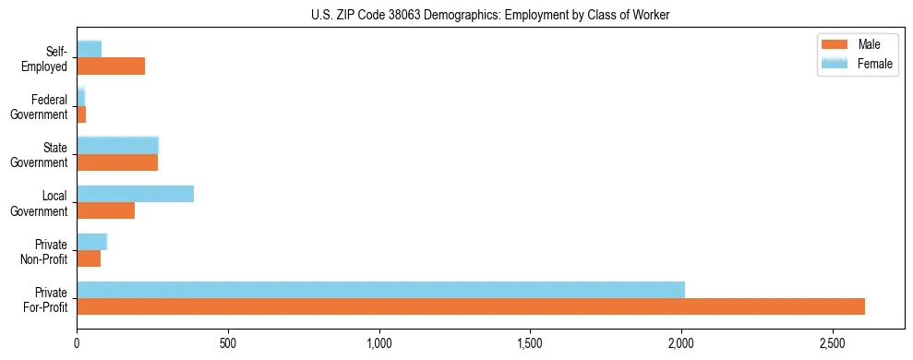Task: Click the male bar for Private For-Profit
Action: [471, 306]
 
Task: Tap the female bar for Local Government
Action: [135, 194]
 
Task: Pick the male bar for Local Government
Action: [105, 210]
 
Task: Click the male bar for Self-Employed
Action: [111, 66]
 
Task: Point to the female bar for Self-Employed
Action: [89, 49]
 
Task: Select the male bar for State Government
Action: [117, 162]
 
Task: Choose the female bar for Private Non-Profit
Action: [91, 242]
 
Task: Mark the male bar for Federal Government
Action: [81, 114]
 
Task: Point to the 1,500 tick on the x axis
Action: [530, 342]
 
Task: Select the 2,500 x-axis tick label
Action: [833, 342]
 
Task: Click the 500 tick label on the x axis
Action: [228, 342]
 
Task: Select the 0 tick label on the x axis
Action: [77, 342]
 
